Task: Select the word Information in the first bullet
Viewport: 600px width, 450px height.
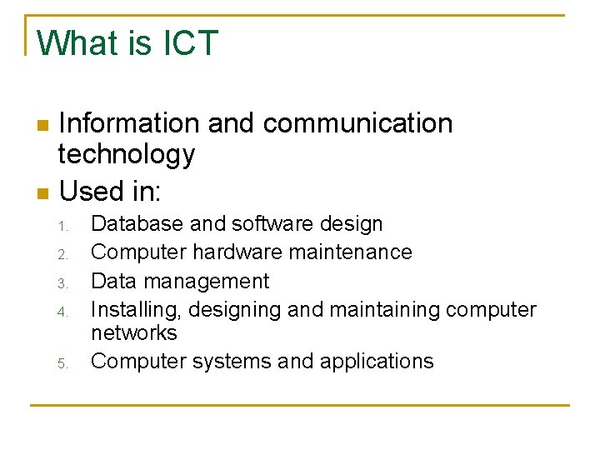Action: click(129, 123)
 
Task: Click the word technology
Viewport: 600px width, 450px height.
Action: click(126, 154)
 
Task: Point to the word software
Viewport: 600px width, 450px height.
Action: click(270, 224)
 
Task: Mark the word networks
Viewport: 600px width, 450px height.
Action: click(133, 333)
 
